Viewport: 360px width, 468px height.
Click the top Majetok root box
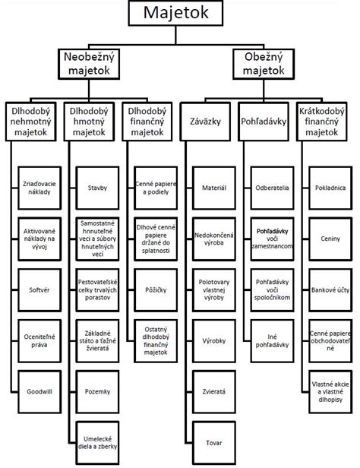coord(179,14)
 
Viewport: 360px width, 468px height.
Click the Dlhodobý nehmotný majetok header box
coord(31,121)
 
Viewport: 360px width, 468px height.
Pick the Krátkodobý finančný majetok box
coord(328,121)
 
